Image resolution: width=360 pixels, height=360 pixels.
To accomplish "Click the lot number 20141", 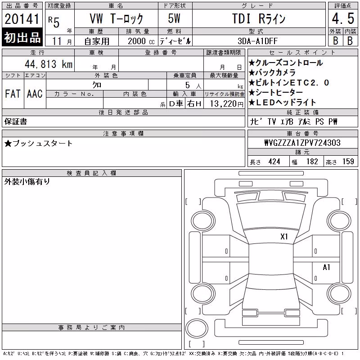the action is [x=22, y=19].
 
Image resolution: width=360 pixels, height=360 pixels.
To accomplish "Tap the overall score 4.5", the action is [x=343, y=18].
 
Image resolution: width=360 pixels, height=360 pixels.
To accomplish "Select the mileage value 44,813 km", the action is [x=49, y=64].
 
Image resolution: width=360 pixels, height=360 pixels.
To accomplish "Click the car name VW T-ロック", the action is [x=116, y=18].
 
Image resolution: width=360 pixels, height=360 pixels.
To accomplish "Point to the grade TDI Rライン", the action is [x=259, y=18].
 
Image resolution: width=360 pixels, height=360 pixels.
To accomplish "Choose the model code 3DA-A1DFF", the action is [x=257, y=41].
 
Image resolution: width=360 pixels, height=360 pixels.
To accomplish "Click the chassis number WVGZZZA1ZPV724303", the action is [x=302, y=143].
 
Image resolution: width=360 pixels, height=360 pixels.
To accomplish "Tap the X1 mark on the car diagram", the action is [x=284, y=237].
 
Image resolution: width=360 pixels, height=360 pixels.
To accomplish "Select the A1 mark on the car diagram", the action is [x=326, y=267].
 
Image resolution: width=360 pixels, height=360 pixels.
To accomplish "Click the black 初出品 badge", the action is [x=22, y=37].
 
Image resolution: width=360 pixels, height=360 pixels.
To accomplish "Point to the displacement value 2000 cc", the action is [x=141, y=41].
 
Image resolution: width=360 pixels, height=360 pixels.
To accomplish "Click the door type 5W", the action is [x=174, y=18].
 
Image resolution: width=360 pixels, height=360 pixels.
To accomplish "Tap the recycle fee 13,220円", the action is [x=227, y=104].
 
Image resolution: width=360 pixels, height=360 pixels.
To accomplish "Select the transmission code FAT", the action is [x=13, y=94].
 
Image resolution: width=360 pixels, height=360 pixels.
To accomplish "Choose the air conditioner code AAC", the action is [x=35, y=94].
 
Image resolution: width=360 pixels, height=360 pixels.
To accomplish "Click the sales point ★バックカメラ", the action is [x=272, y=72].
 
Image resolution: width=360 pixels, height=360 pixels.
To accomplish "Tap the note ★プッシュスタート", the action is [x=38, y=144].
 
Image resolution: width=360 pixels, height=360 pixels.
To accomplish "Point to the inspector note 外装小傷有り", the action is [x=27, y=182].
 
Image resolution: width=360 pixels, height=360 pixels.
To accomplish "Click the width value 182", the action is [x=312, y=162].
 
